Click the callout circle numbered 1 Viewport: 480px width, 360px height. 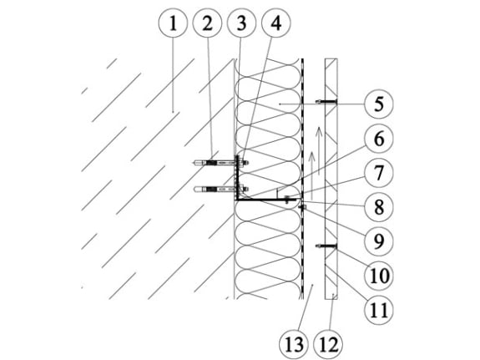click(x=173, y=23)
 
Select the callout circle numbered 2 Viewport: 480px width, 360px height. click(x=207, y=23)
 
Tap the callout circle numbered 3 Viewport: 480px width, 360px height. click(x=241, y=23)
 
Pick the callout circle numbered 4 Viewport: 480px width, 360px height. click(x=276, y=23)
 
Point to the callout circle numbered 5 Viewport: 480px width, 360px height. click(x=379, y=104)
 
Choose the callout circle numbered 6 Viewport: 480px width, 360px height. click(x=379, y=139)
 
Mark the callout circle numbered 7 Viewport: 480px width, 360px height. click(x=379, y=173)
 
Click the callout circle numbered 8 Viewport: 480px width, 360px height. click(x=379, y=207)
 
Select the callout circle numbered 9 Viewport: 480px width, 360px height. click(x=379, y=241)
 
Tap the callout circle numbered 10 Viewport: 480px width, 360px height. click(x=379, y=276)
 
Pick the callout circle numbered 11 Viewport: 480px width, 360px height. click(x=379, y=310)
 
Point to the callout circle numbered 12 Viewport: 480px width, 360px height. click(x=328, y=344)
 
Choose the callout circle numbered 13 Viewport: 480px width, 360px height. click(x=294, y=344)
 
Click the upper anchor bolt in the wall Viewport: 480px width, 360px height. click(x=221, y=162)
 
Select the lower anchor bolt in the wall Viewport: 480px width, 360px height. click(x=221, y=189)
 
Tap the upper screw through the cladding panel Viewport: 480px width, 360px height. click(x=326, y=101)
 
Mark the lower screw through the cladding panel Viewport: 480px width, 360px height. click(x=326, y=246)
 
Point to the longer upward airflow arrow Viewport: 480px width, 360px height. click(x=319, y=150)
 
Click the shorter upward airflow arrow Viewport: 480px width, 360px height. click(x=311, y=175)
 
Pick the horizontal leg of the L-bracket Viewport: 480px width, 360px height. click(x=266, y=200)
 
